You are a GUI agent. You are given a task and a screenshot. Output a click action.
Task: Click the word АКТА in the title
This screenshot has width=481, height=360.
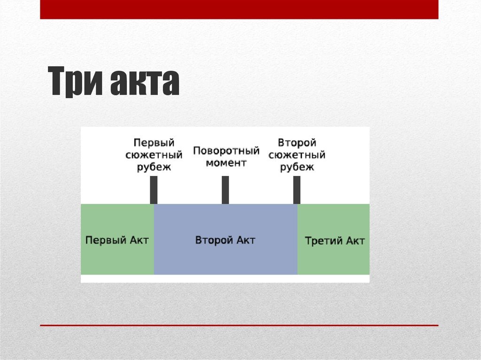pos(145,83)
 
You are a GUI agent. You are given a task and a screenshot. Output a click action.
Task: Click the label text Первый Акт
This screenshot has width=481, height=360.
pos(117,240)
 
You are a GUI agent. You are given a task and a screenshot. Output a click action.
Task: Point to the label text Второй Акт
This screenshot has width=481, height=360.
pos(225,240)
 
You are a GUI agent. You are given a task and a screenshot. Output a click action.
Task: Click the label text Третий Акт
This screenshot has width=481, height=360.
pos(334,241)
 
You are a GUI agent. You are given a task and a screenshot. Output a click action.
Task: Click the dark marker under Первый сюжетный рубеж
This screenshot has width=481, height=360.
pos(154,190)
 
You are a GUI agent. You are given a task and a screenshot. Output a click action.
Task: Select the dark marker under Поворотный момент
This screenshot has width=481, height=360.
pos(225,190)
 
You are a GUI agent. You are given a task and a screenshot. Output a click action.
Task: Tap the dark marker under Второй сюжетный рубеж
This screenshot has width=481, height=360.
pos(297,190)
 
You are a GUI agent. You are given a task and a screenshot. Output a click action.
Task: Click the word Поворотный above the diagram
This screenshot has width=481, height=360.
pos(226,151)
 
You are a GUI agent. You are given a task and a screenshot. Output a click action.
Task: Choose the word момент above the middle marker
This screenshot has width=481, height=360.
pos(226,163)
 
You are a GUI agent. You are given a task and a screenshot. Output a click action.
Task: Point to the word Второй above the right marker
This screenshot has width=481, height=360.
pos(297,142)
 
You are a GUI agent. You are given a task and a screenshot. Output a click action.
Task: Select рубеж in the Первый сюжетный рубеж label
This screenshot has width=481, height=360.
pos(154,167)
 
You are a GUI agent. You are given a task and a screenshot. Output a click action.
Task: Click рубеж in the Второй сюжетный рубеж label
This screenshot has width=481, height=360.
pos(297,167)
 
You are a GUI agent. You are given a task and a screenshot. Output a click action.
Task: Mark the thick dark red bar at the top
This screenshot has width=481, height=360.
pos(239,9)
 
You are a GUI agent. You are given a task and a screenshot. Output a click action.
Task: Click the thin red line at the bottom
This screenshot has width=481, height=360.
pos(239,325)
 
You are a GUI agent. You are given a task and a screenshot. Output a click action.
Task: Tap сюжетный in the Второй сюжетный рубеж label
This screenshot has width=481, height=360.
pos(297,154)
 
